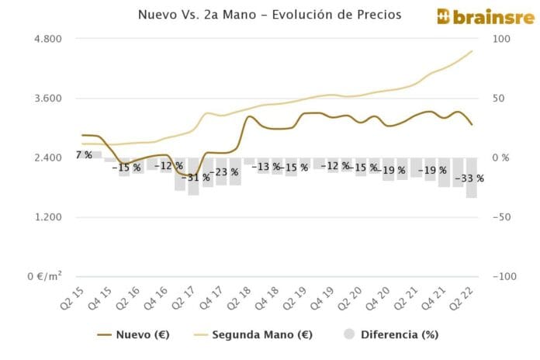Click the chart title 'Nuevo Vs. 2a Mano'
pos(269,15)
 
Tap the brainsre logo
pos(483,16)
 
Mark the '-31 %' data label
pos(195,178)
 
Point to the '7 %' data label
pos(84,155)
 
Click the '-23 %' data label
pos(223,172)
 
